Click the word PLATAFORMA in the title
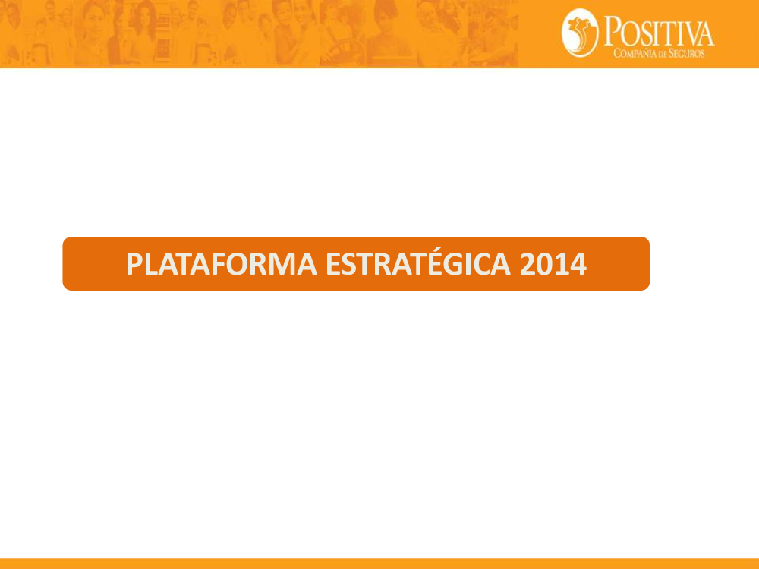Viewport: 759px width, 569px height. coord(221,264)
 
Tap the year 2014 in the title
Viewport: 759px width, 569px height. coord(553,264)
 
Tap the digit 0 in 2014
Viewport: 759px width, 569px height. coord(544,264)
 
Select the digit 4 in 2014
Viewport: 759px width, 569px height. coord(578,264)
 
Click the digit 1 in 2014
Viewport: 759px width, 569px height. coord(561,264)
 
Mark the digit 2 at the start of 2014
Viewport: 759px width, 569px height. coord(528,264)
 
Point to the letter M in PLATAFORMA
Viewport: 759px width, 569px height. coord(280,264)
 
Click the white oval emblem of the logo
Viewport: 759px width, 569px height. coord(580,33)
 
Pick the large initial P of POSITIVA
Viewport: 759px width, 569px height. coord(612,30)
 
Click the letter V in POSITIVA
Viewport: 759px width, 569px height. coord(689,34)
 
